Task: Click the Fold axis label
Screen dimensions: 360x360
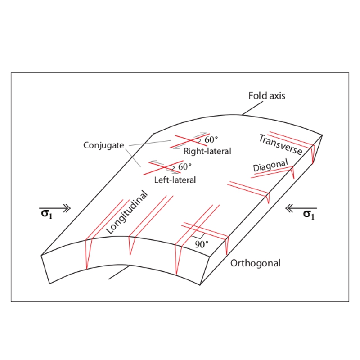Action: point(267,96)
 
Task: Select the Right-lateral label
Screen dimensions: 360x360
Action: point(207,152)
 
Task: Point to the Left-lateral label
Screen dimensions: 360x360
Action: point(175,180)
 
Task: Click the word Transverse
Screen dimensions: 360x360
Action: point(280,144)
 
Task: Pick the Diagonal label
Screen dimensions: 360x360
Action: point(270,166)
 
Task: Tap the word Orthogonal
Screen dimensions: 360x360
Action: point(255,263)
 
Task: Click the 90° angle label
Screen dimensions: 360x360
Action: point(202,245)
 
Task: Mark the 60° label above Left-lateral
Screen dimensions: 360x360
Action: point(184,167)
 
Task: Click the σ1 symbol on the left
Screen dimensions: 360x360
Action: point(47,214)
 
